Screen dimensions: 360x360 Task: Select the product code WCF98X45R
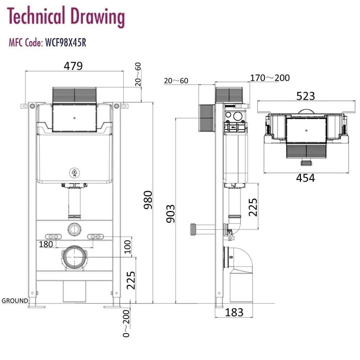pyautogui.click(x=65, y=43)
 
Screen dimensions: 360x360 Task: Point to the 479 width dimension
pyautogui.click(x=73, y=66)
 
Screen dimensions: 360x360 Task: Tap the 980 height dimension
pyautogui.click(x=148, y=202)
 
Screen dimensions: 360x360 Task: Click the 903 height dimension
pyautogui.click(x=170, y=213)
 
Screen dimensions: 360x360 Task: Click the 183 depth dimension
pyautogui.click(x=234, y=312)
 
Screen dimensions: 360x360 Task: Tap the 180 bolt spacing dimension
pyautogui.click(x=46, y=244)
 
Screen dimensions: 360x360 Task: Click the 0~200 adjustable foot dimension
pyautogui.click(x=126, y=323)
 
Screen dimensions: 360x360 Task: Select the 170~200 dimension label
pyautogui.click(x=270, y=78)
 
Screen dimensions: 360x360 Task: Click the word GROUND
pyautogui.click(x=15, y=301)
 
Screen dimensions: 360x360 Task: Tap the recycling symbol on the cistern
pyautogui.click(x=75, y=173)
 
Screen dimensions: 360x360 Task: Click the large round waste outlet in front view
pyautogui.click(x=75, y=257)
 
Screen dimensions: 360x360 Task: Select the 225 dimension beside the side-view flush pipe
pyautogui.click(x=253, y=207)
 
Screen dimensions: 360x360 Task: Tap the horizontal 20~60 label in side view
pyautogui.click(x=176, y=81)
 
